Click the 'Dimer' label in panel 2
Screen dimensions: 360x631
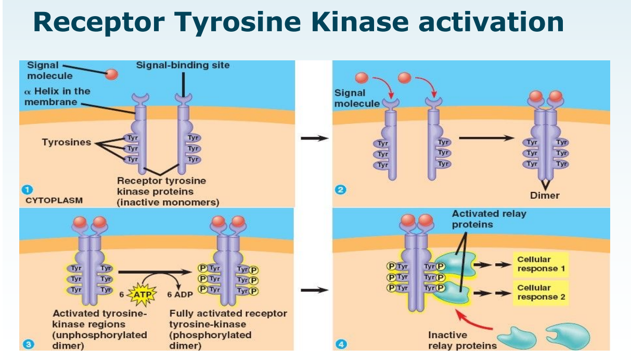click(x=545, y=196)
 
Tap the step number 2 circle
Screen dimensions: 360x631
click(x=341, y=190)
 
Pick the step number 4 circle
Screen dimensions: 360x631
click(x=341, y=344)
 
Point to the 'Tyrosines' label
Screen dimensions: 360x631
click(x=67, y=143)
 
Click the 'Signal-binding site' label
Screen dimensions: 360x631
click(x=183, y=65)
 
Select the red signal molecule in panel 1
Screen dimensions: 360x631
click(x=111, y=74)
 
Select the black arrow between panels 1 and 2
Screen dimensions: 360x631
click(x=315, y=138)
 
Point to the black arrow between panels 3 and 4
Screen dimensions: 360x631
click(x=315, y=290)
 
